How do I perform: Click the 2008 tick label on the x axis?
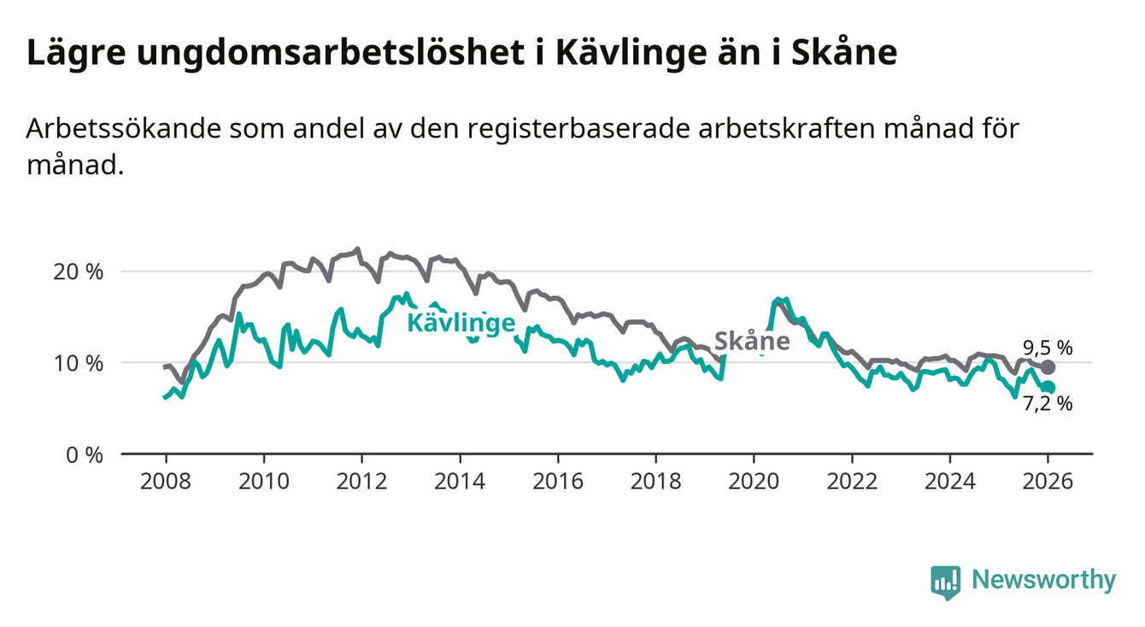pos(165,480)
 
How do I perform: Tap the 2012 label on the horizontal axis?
pos(361,480)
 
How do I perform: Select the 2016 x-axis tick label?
pos(558,480)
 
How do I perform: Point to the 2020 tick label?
pos(754,480)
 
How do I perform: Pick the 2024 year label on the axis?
pos(950,480)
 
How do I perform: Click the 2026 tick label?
pos(1048,480)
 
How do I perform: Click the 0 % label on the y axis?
pos(85,454)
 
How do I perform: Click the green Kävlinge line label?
pos(460,323)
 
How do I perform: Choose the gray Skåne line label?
pos(752,342)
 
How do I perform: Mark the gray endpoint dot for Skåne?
pos(1048,367)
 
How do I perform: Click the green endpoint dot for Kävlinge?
pos(1048,388)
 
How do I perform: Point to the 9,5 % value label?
pos(1048,348)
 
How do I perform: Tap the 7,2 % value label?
pos(1048,405)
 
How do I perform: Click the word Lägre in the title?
pos(74,54)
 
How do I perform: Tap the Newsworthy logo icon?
pos(945,582)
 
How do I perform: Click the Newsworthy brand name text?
pos(1044,581)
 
